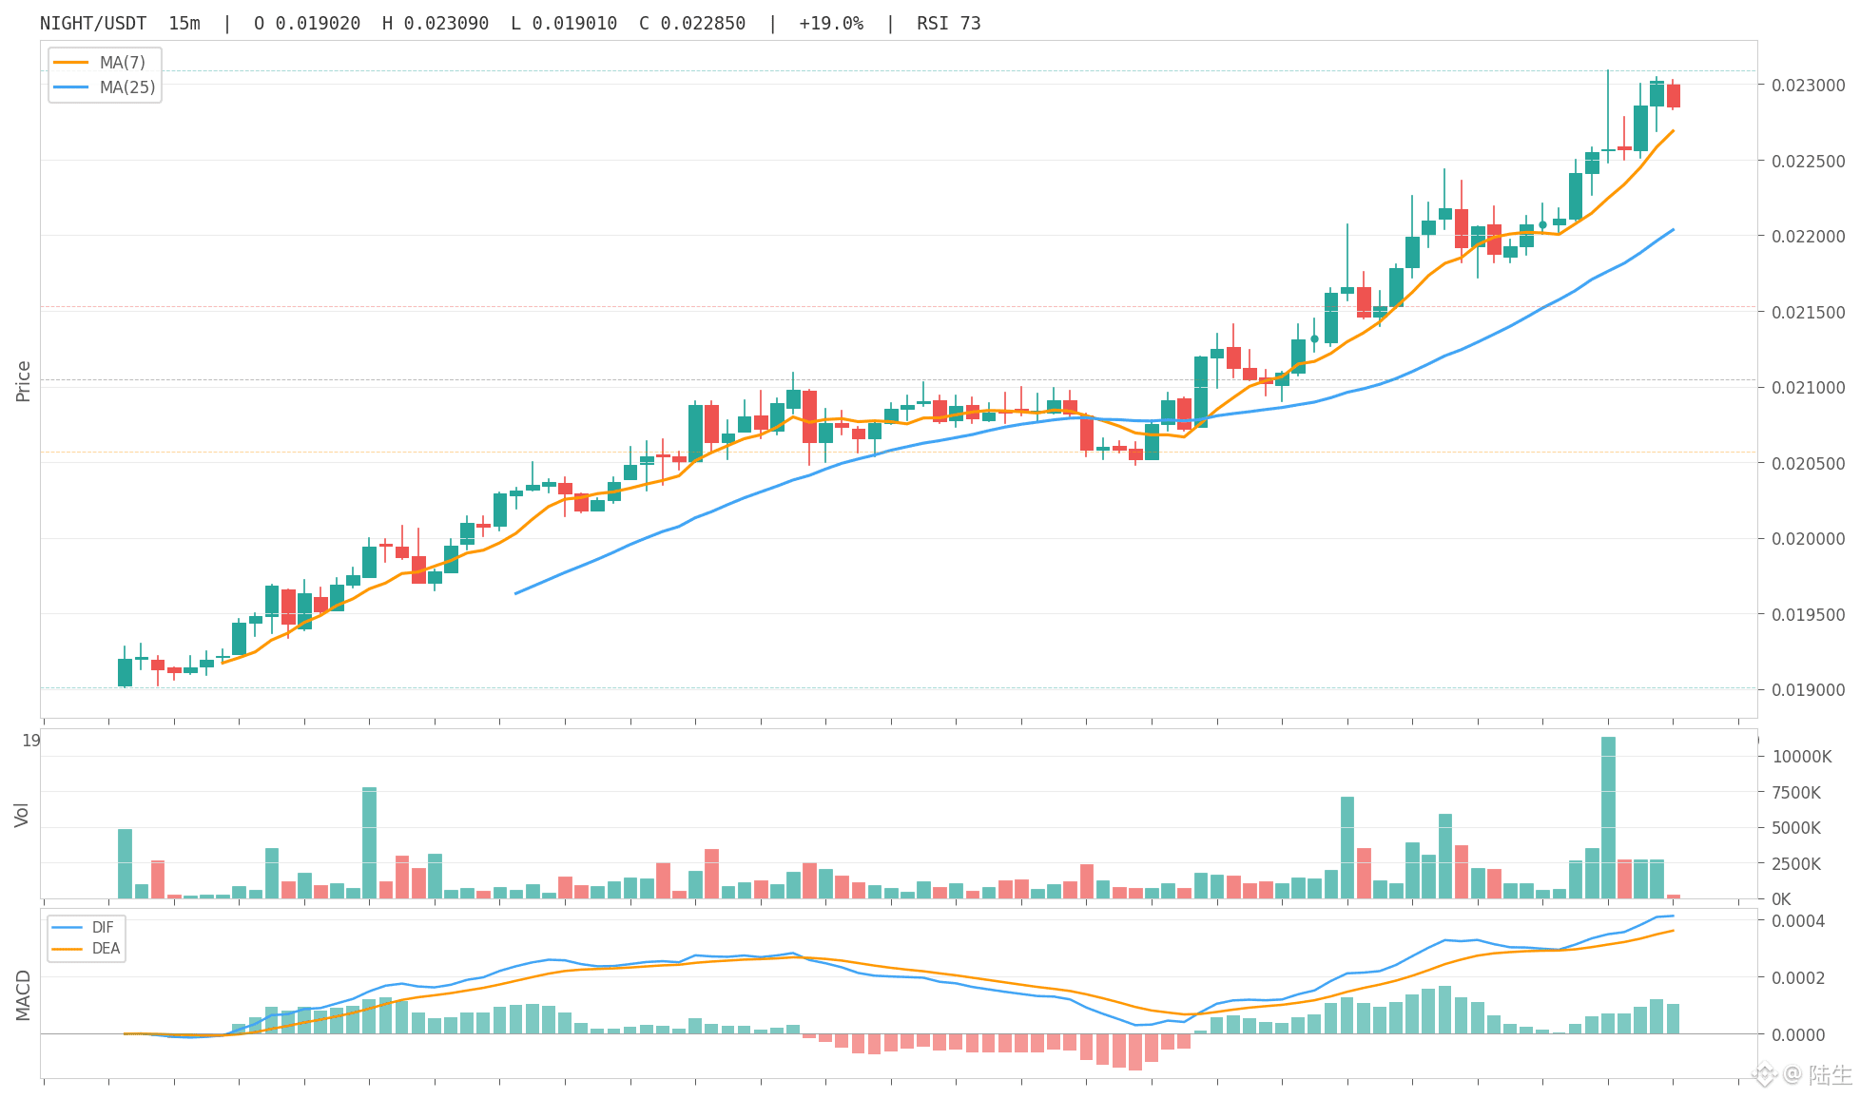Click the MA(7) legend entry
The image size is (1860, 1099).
(x=100, y=63)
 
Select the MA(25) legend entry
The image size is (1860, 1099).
(x=104, y=87)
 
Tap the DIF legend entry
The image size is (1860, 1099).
(x=83, y=928)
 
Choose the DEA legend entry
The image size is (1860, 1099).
(x=86, y=949)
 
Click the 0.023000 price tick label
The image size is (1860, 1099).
(x=1808, y=86)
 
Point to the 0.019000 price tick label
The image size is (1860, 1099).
(x=1808, y=690)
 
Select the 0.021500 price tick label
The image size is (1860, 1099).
(x=1808, y=313)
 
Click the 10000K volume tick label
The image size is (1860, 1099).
(x=1801, y=757)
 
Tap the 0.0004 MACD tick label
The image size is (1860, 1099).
(x=1797, y=921)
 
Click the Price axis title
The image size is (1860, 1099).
(x=24, y=381)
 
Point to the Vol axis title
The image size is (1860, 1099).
(x=22, y=815)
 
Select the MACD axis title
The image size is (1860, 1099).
(x=23, y=995)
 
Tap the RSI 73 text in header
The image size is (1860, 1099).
(x=949, y=24)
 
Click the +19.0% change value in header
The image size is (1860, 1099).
(x=831, y=24)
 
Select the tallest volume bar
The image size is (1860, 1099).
(x=1608, y=818)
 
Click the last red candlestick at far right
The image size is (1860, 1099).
(x=1674, y=95)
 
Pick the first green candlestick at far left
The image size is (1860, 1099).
(x=125, y=672)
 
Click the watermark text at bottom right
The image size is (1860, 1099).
(x=1818, y=1075)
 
